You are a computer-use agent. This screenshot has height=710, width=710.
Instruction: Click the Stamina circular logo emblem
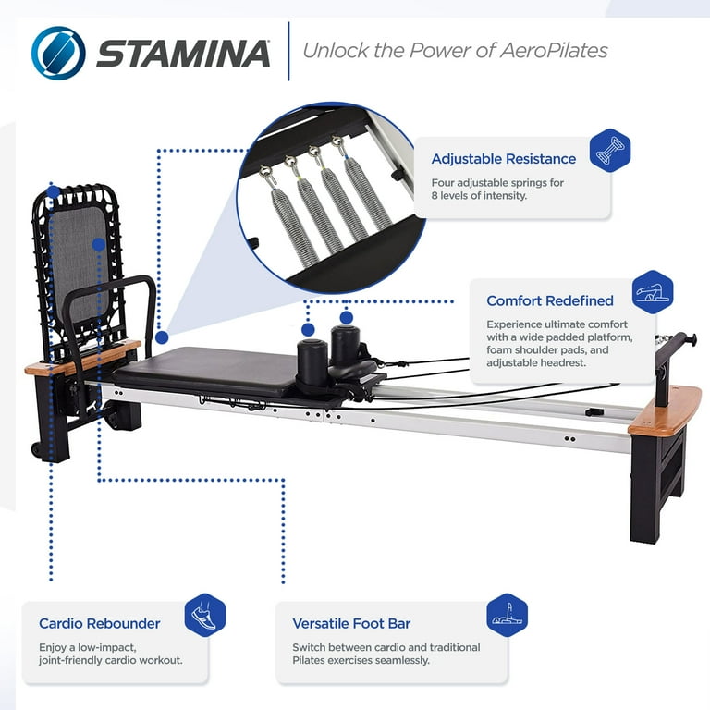58,53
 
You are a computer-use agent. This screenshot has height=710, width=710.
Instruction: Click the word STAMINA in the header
183,54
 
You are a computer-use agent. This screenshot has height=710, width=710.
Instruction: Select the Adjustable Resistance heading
503,159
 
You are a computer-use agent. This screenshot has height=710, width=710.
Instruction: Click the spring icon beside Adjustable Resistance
609,151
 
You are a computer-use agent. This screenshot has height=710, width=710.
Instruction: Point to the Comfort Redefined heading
549,300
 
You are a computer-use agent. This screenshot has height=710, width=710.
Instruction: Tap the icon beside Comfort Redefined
653,292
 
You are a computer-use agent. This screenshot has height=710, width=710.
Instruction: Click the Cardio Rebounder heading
99,624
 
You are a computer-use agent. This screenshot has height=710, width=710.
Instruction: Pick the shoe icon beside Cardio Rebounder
204,615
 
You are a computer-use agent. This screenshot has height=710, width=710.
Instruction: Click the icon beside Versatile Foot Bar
507,615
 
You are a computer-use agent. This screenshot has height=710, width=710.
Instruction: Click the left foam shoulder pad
312,355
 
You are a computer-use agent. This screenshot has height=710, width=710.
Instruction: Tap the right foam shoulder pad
346,342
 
